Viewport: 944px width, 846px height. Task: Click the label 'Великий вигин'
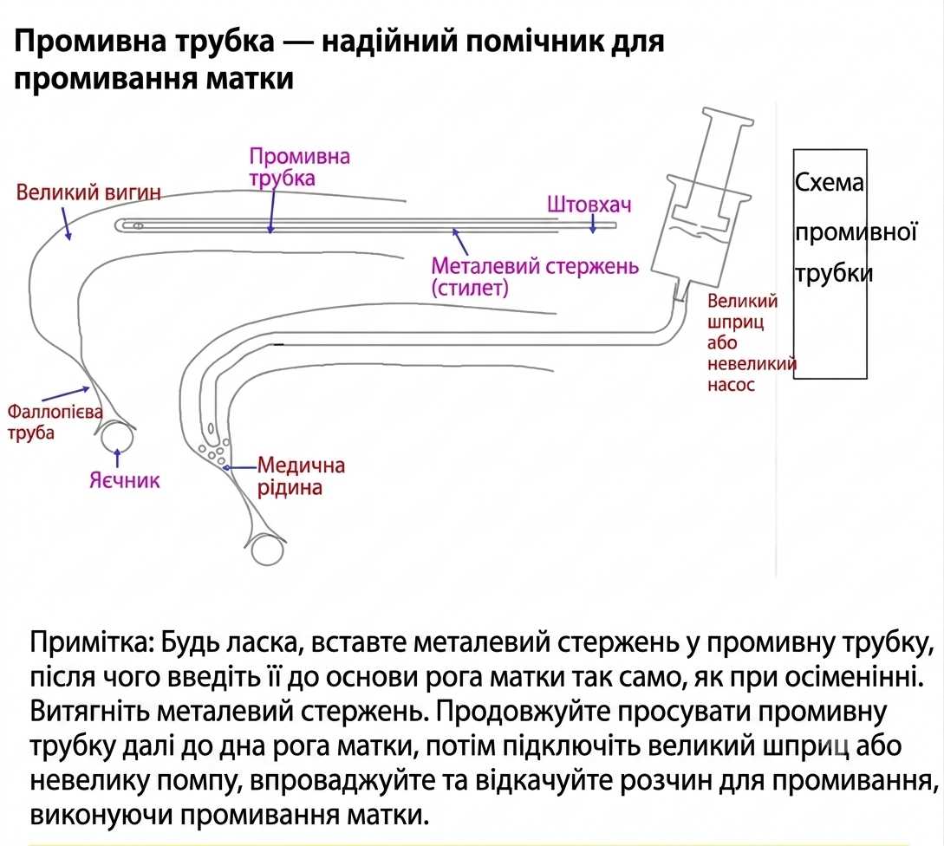pyautogui.click(x=88, y=192)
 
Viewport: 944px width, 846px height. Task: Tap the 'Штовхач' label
pyautogui.click(x=589, y=205)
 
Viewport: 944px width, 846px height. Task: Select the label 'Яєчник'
pyautogui.click(x=125, y=480)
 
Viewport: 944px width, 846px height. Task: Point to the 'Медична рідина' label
pyautogui.click(x=301, y=476)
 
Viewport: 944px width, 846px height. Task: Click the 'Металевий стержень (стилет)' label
pyautogui.click(x=535, y=277)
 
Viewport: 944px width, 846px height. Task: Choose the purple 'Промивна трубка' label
pyautogui.click(x=299, y=166)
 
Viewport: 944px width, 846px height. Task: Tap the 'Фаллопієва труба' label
pyautogui.click(x=55, y=422)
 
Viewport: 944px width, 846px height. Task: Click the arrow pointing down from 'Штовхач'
pyautogui.click(x=593, y=224)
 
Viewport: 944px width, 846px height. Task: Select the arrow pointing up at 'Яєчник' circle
pyautogui.click(x=117, y=458)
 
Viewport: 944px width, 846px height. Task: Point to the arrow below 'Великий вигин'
pyautogui.click(x=66, y=224)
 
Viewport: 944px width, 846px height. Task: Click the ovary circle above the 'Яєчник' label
pyautogui.click(x=117, y=437)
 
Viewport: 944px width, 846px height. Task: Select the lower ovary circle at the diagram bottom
pyautogui.click(x=267, y=550)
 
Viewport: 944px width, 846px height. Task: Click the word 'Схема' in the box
pyautogui.click(x=829, y=182)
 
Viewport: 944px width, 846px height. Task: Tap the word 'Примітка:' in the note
pyautogui.click(x=94, y=643)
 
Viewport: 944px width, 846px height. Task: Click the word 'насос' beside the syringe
pyautogui.click(x=731, y=385)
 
